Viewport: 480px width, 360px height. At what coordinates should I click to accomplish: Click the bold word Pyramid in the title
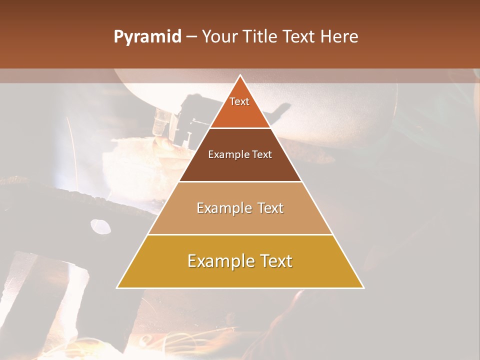[147, 36]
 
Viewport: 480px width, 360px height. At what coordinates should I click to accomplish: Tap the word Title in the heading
[260, 36]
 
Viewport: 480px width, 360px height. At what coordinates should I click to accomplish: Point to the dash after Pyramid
[191, 37]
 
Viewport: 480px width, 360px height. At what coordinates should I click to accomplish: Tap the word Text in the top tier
[239, 101]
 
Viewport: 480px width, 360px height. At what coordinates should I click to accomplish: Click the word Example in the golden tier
[218, 261]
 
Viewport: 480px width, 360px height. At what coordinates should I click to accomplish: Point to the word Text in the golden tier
[275, 261]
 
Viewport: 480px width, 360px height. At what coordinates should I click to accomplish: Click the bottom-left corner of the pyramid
[117, 287]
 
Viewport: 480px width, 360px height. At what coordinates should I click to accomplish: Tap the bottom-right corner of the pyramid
[363, 287]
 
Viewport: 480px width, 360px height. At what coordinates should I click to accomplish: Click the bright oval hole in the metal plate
[100, 226]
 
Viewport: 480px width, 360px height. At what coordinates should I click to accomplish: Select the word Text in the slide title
[299, 36]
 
